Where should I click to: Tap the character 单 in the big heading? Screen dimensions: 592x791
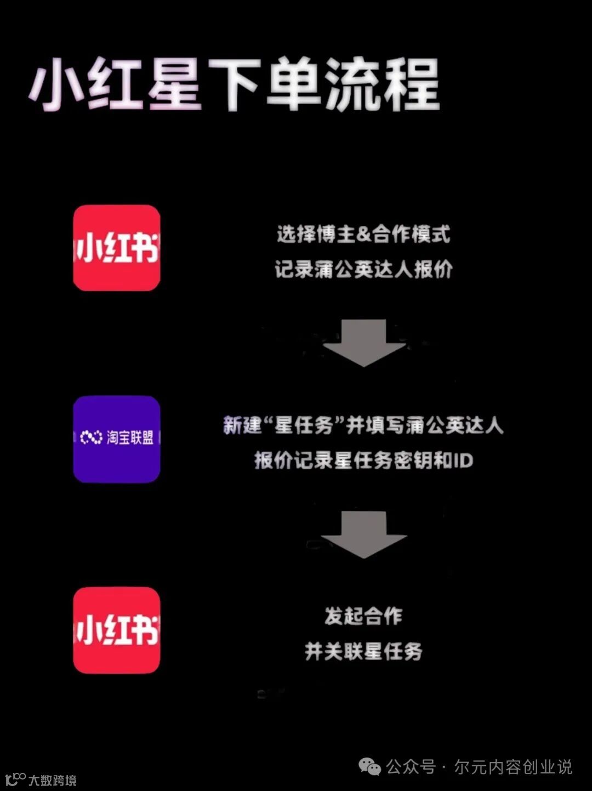click(294, 85)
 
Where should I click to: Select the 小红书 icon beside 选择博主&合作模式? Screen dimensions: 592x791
click(117, 248)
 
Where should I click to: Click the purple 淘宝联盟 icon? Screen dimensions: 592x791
click(117, 439)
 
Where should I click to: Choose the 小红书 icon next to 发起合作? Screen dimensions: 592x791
click(117, 630)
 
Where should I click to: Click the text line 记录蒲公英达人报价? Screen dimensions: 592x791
click(363, 269)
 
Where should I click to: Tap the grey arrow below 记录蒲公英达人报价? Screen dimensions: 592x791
click(363, 343)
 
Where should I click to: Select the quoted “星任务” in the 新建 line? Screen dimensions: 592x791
click(304, 425)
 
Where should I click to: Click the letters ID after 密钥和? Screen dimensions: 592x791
click(463, 460)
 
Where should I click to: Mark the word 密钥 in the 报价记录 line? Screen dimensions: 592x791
click(413, 460)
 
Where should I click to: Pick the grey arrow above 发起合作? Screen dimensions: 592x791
click(363, 534)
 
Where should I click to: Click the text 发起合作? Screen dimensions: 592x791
click(363, 616)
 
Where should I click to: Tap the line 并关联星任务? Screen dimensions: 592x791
click(363, 651)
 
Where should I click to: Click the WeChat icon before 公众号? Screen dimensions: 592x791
click(370, 766)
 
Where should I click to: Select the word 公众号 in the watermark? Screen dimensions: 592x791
click(411, 766)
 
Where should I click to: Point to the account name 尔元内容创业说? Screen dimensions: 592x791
click(513, 766)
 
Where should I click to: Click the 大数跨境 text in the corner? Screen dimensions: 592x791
click(53, 780)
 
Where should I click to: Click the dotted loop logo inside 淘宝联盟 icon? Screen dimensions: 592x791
click(91, 437)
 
